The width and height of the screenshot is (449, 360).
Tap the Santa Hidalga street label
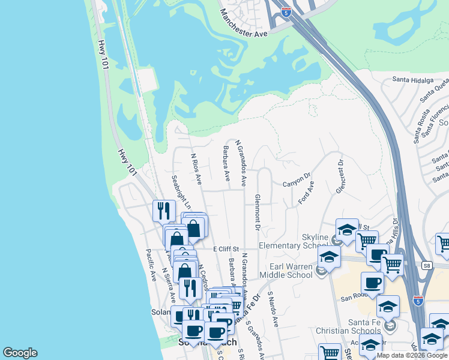[x=412, y=79]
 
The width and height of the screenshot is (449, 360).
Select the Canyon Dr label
[x=297, y=181]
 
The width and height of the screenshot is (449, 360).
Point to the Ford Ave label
[x=306, y=194]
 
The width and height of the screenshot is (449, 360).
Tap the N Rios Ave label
[x=196, y=169]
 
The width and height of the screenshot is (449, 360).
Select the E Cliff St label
[x=226, y=249]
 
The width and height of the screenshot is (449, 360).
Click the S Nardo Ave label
[x=273, y=309]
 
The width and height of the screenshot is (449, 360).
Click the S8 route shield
[x=427, y=265]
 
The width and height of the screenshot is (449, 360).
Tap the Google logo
[x=20, y=353]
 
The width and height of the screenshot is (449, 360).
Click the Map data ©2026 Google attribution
[x=412, y=355]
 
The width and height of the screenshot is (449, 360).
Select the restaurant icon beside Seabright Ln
[x=163, y=211]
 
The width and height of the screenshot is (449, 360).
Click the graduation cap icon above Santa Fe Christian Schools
[x=388, y=306]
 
